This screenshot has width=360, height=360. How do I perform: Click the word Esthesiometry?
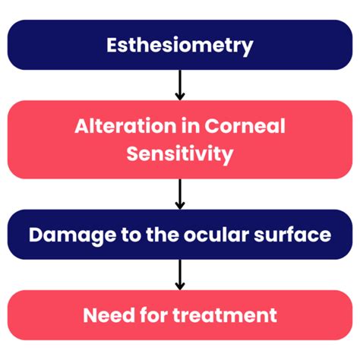tap(180, 46)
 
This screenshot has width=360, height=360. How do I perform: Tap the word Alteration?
tap(125, 126)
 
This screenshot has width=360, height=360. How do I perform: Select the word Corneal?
tap(245, 126)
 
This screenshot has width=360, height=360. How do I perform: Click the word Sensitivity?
tap(180, 154)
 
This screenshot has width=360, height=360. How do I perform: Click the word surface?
tap(292, 235)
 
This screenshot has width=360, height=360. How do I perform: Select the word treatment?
tap(225, 316)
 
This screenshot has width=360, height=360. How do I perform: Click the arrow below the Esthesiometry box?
tap(180, 85)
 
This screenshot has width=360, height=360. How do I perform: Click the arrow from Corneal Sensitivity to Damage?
tap(180, 194)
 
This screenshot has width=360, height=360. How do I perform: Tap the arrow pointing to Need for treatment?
tap(180, 275)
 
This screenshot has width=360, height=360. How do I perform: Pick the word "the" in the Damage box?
tap(163, 235)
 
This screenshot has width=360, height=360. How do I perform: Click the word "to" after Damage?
tap(131, 235)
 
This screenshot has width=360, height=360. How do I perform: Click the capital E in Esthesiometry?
tap(112, 45)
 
